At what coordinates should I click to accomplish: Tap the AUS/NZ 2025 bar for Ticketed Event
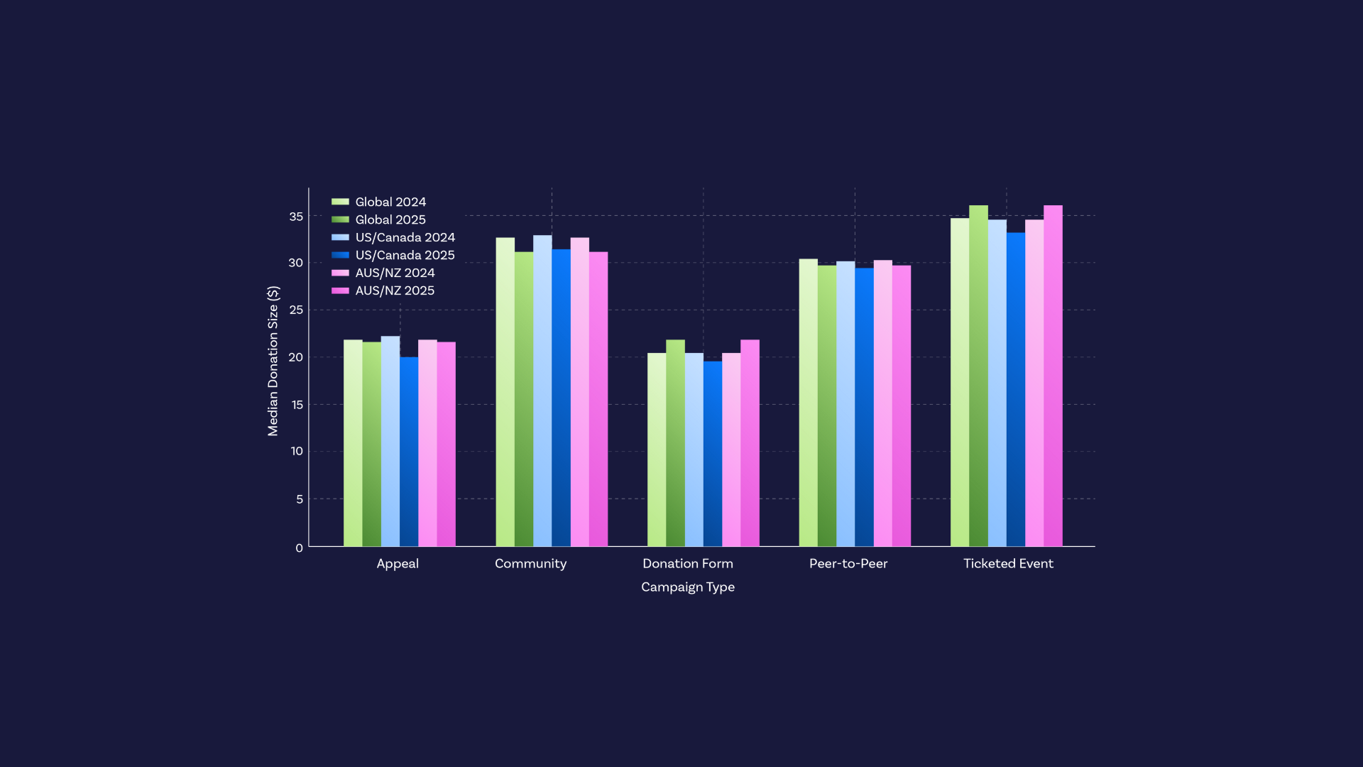1053,376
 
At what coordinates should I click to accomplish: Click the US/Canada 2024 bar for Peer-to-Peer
845,404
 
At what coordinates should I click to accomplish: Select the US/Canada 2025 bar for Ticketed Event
1016,390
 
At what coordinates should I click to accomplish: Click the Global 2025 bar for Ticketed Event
978,376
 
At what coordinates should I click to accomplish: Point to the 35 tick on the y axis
296,217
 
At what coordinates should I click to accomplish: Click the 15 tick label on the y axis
297,405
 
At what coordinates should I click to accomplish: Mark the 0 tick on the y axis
299,548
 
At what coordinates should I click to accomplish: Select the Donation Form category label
687,564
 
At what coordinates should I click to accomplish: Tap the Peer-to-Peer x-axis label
848,564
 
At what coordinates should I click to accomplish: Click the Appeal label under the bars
397,564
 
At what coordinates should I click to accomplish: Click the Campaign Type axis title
687,587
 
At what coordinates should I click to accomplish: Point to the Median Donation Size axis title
273,361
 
